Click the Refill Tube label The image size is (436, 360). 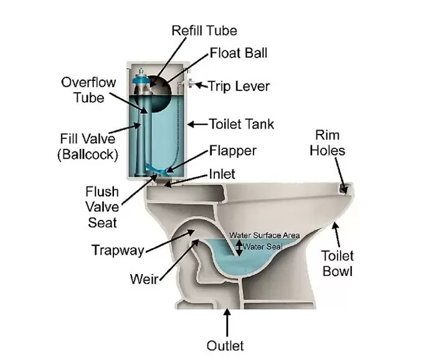click(205, 30)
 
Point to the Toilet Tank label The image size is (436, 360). click(242, 124)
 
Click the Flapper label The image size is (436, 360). click(232, 151)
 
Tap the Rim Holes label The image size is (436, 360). click(329, 143)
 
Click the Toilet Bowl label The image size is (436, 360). click(337, 263)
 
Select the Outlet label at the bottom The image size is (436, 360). click(225, 344)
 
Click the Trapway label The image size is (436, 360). click(118, 250)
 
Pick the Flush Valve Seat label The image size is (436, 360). click(102, 205)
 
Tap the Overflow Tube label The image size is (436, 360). click(83, 90)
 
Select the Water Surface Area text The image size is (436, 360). click(265, 235)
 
